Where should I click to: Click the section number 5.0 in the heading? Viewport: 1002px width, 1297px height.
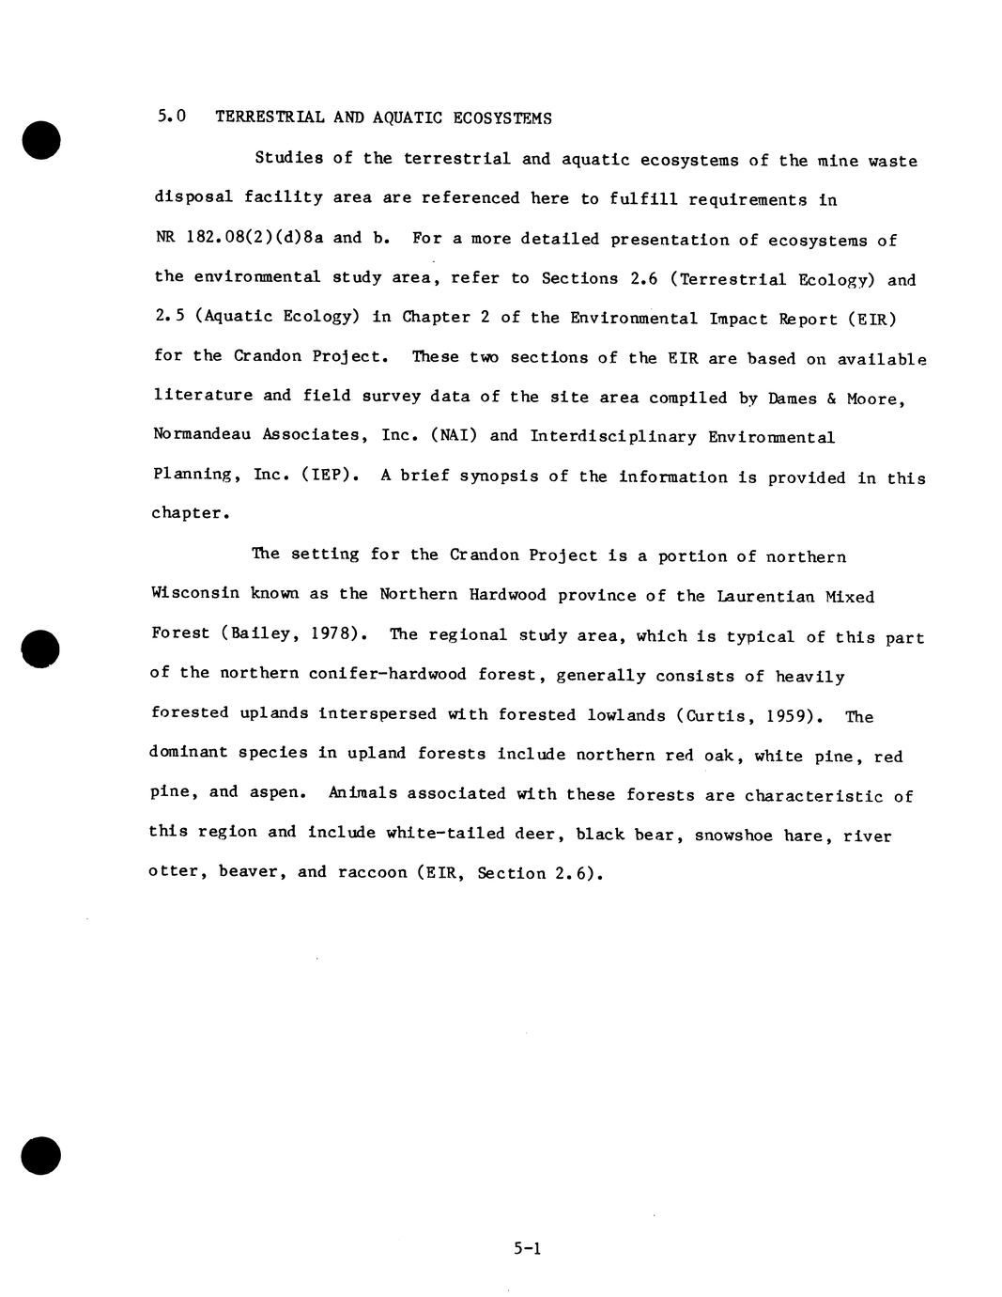pyautogui.click(x=172, y=117)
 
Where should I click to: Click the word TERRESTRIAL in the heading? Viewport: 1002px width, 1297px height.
pyautogui.click(x=270, y=117)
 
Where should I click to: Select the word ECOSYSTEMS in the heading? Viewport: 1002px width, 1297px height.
pyautogui.click(x=502, y=118)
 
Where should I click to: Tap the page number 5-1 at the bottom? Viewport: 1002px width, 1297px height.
pyautogui.click(x=528, y=1248)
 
